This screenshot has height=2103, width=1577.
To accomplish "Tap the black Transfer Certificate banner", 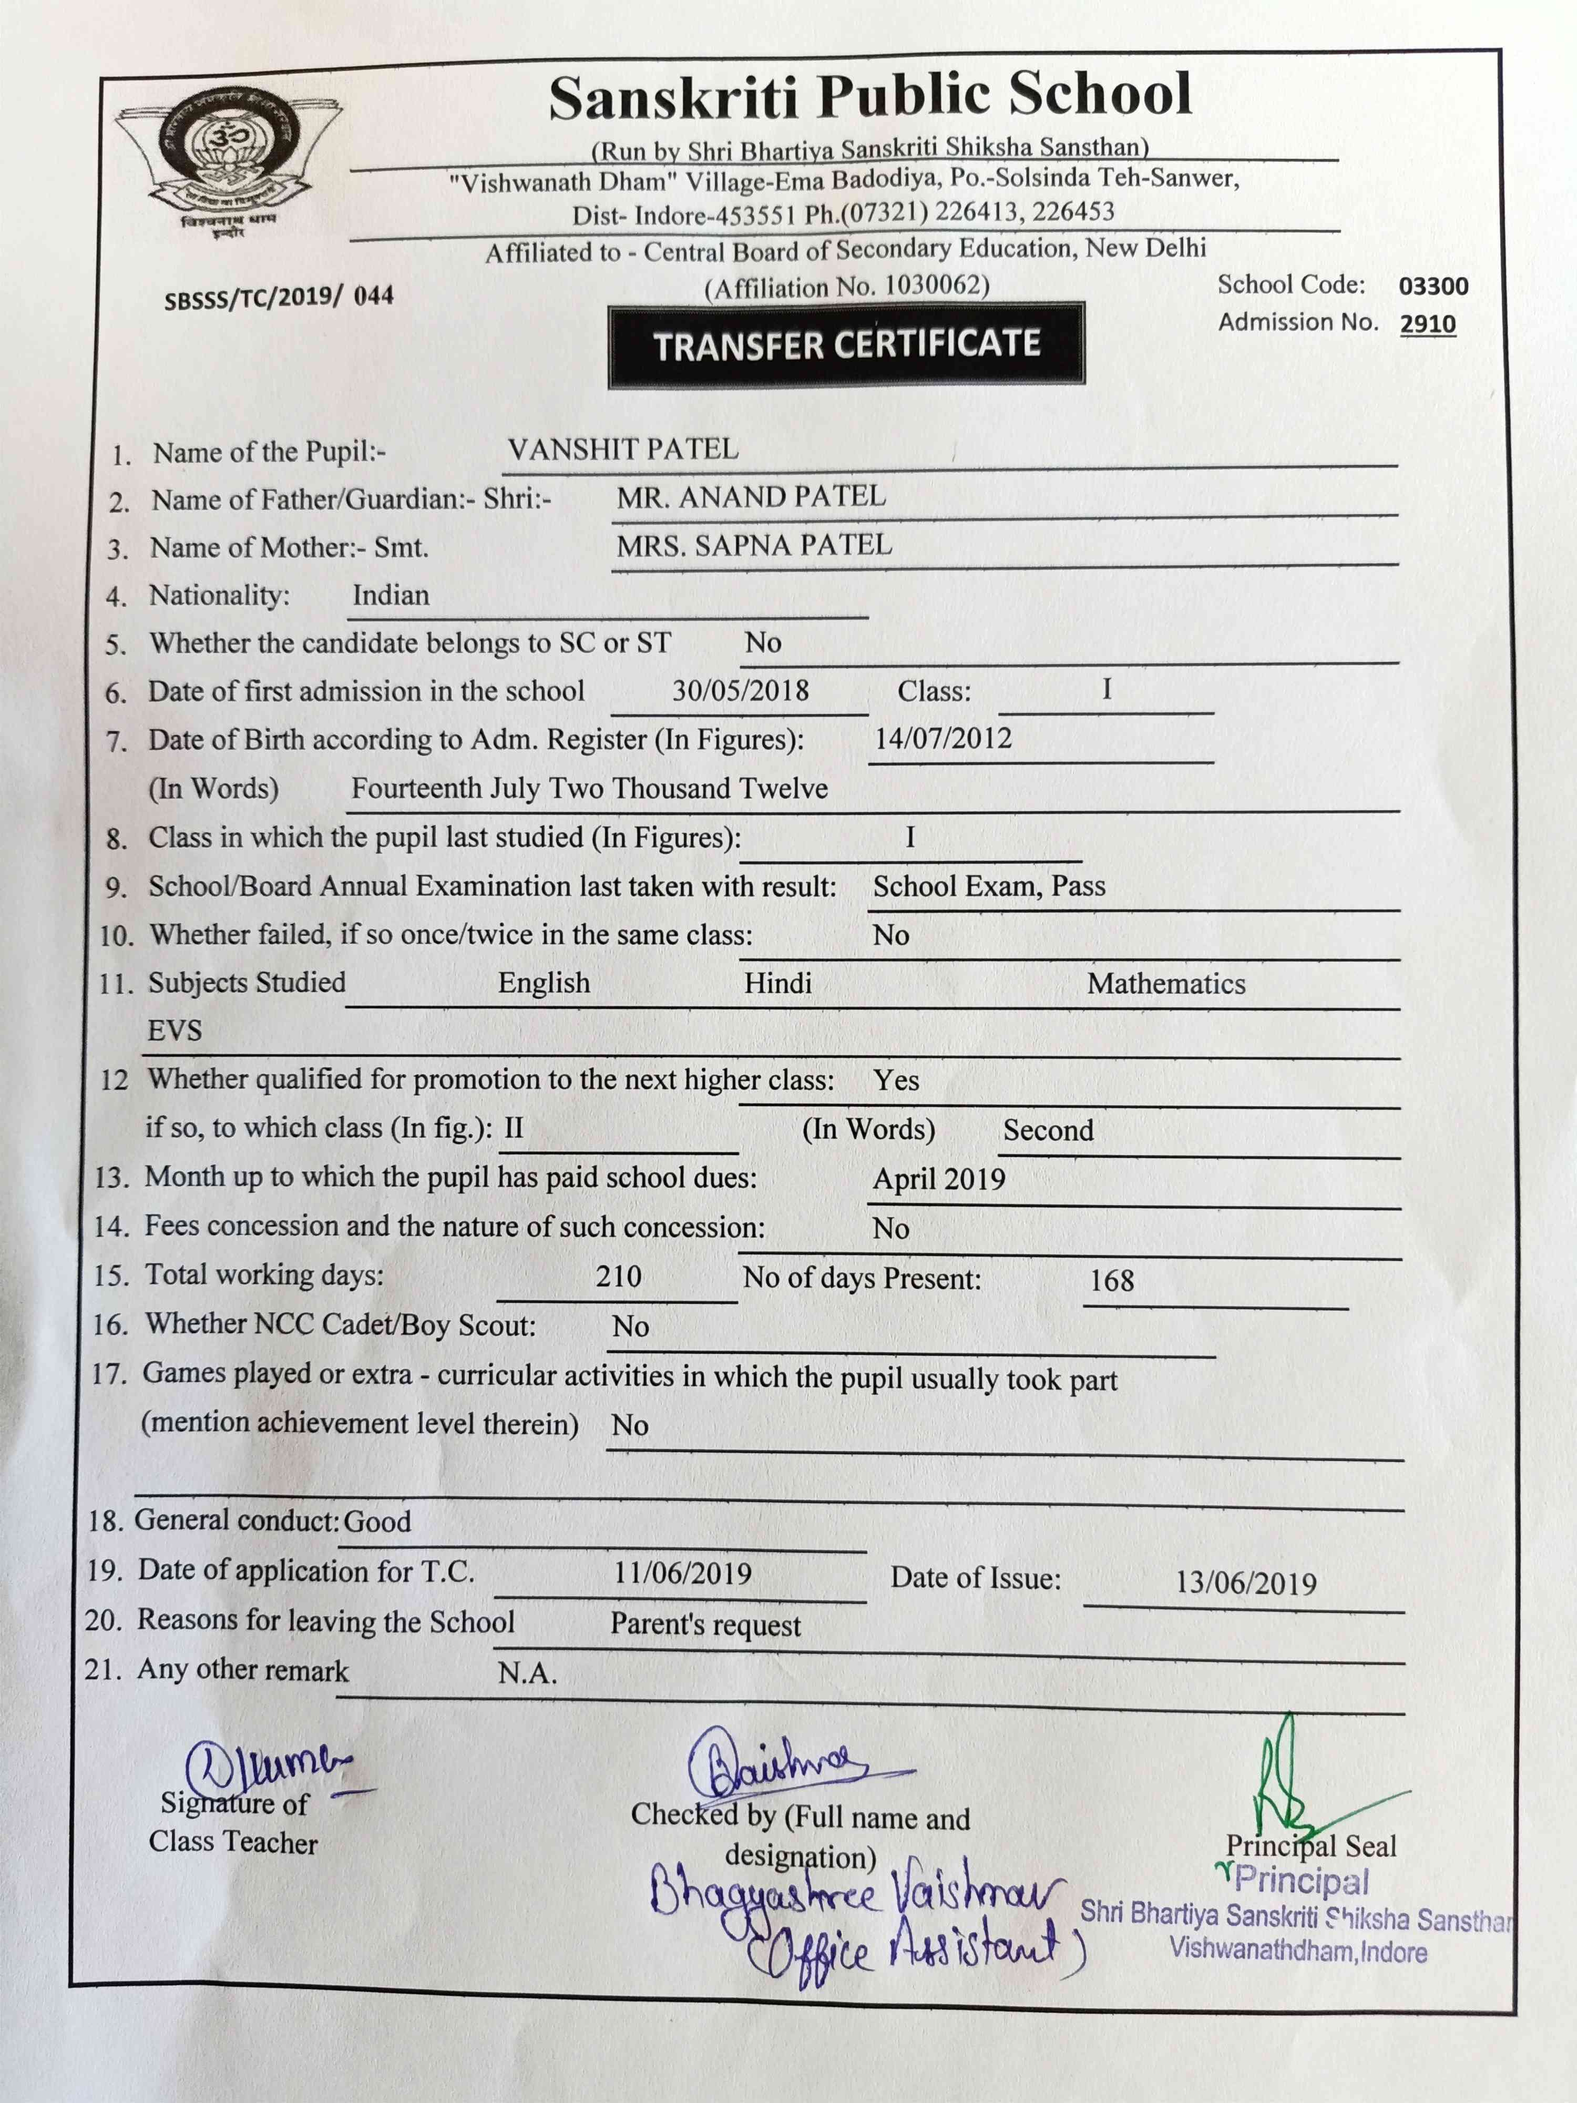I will [846, 344].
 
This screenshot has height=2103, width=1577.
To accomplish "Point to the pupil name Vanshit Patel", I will [622, 449].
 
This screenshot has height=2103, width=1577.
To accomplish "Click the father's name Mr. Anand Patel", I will [751, 496].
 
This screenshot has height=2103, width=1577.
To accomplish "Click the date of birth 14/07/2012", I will [943, 739].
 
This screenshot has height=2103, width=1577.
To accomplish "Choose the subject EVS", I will [175, 1030].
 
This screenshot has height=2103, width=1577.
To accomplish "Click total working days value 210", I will [618, 1276].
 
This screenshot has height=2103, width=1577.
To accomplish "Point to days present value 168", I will [1111, 1281].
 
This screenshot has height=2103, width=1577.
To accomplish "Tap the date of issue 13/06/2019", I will [1245, 1583].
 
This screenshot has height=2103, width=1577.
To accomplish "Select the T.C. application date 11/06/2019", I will [682, 1574].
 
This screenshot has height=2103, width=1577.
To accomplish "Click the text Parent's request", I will [705, 1625].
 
